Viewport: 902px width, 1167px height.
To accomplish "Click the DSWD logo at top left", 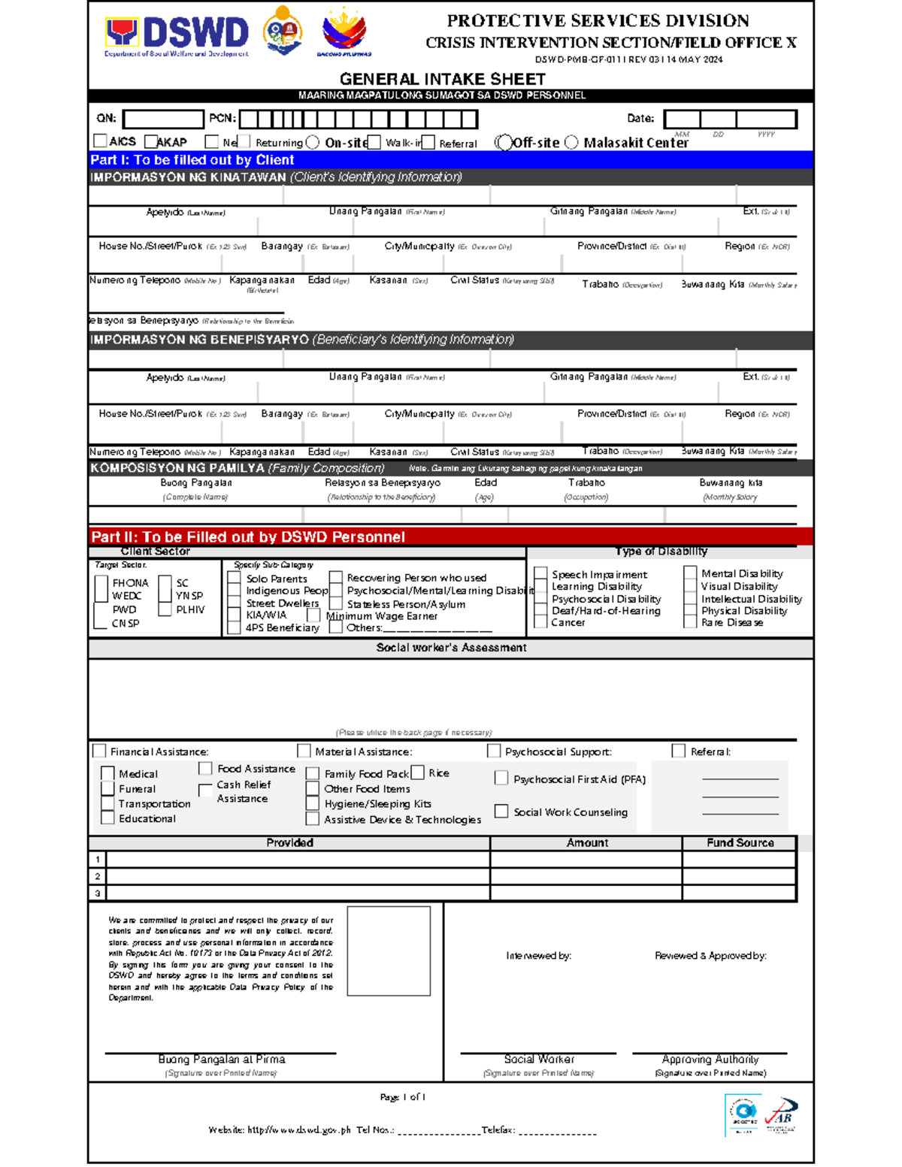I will pos(177,35).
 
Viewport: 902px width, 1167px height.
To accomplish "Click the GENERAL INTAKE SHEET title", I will pos(442,79).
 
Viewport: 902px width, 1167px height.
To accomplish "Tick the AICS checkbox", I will pos(100,141).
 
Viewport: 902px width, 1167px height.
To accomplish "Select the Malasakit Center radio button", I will pos(571,142).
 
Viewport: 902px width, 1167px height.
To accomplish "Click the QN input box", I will pos(163,119).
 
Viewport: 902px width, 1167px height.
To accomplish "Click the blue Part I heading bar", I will pos(451,160).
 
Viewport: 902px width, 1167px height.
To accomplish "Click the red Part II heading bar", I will pos(451,537).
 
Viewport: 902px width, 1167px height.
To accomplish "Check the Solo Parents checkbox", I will pos(235,578).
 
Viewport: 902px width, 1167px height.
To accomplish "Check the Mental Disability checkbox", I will pos(690,573).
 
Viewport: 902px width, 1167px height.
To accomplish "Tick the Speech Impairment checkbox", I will pos(540,574).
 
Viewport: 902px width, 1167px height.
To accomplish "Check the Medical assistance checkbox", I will pos(107,773).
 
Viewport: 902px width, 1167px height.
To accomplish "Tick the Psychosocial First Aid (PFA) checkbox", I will pos(501,779).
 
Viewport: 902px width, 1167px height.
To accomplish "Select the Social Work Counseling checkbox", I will pos(501,811).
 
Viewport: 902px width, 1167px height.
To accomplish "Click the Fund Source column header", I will pos(740,843).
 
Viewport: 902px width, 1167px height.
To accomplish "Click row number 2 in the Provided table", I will pos(98,876).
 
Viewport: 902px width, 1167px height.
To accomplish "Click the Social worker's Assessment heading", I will pos(451,648).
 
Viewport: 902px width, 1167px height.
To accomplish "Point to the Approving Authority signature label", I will pos(710,1060).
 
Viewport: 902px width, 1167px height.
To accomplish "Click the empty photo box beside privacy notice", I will pos(389,951).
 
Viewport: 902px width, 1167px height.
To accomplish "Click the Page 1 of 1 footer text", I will pos(403,1097).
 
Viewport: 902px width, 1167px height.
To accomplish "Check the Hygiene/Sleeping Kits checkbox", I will pos(313,803).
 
